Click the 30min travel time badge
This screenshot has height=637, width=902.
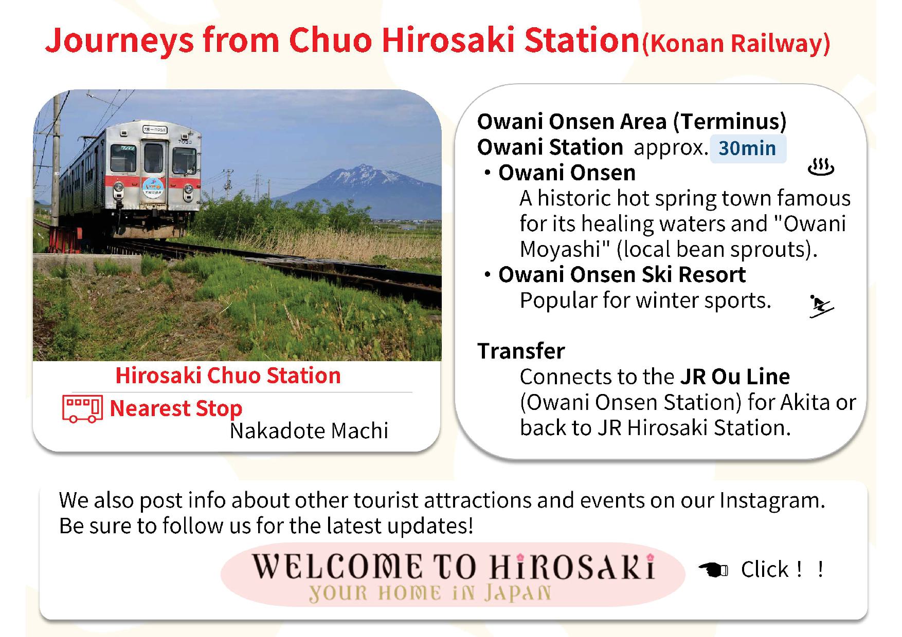tap(748, 148)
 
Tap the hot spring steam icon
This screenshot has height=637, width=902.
tap(820, 167)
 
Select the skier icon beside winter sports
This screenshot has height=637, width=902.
tap(821, 306)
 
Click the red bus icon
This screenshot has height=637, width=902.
tap(82, 408)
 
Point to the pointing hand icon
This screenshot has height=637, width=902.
tap(713, 569)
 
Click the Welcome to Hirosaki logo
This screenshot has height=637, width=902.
tap(453, 575)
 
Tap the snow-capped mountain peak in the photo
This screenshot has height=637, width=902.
tap(364, 168)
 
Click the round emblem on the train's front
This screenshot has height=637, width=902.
tap(154, 185)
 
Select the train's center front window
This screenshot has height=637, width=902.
tap(153, 158)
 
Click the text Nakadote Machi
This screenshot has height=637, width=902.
tap(309, 431)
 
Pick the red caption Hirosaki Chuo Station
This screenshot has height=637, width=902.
tap(228, 376)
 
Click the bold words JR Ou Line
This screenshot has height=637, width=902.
tap(735, 377)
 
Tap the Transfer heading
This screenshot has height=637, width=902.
tap(521, 351)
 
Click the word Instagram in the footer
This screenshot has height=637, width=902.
tap(771, 500)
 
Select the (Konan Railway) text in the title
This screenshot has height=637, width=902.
tap(736, 43)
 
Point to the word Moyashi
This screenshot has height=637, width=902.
tap(561, 250)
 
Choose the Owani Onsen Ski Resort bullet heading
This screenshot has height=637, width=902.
tap(622, 275)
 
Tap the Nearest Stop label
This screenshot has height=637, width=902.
tap(176, 408)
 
